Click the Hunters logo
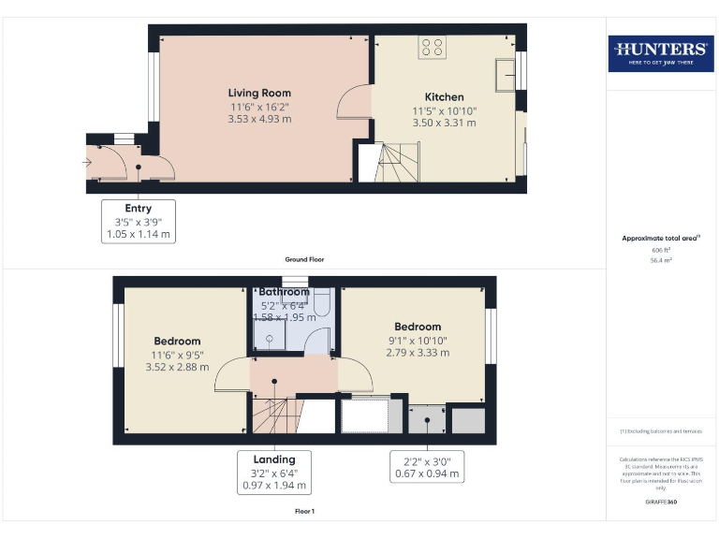click(661, 53)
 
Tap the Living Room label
click(259, 93)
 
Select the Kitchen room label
click(444, 97)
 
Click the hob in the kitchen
click(433, 46)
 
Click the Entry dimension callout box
click(138, 222)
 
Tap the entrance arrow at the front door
click(88, 163)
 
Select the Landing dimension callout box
click(274, 473)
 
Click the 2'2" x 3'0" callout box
click(427, 466)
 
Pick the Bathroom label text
click(285, 292)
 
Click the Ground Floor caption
click(304, 259)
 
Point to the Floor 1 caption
click(304, 512)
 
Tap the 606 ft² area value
click(661, 251)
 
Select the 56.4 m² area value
click(661, 261)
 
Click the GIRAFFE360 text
click(661, 503)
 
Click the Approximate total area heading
click(661, 239)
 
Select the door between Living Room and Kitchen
click(358, 102)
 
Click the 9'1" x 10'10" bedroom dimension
click(418, 341)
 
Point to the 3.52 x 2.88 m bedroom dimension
click(178, 367)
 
